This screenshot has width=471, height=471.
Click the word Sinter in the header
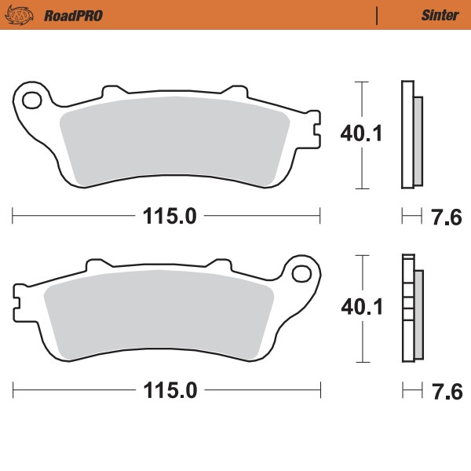click(434, 15)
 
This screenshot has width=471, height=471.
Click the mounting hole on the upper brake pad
click(33, 100)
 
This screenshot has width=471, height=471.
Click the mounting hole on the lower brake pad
click(301, 274)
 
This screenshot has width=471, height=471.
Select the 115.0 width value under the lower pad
click(168, 389)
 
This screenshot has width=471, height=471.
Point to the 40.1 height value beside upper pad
click(360, 134)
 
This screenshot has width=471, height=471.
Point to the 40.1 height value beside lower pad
click(360, 309)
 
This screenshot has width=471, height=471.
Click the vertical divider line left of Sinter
click(378, 15)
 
